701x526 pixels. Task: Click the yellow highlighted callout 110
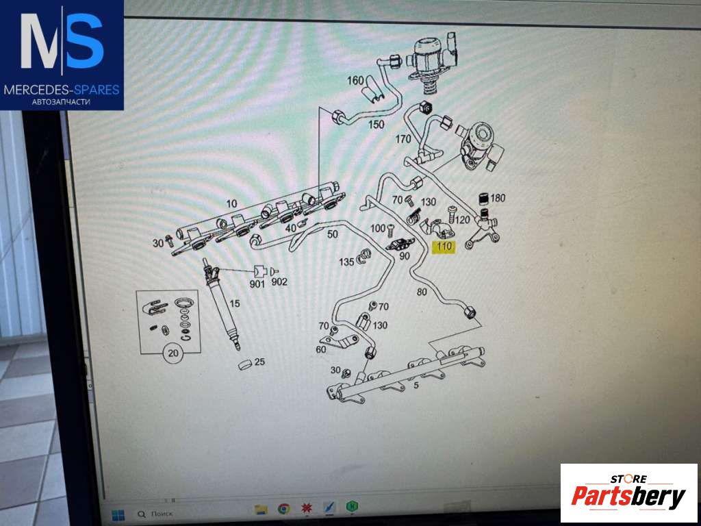pos(444,247)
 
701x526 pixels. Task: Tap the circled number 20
pos(173,353)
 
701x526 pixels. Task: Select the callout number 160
pos(355,81)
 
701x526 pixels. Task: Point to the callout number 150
pos(376,125)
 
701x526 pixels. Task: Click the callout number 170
pos(403,140)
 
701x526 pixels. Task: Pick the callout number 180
pos(498,198)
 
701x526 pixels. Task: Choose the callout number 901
pos(257,284)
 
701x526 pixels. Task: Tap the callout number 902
pos(279,281)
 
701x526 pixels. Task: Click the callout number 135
pos(346,262)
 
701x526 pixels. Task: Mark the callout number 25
pos(259,362)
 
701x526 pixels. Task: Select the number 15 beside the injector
pos(235,303)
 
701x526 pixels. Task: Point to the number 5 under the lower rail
pos(416,385)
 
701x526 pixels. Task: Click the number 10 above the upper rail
pos(231,204)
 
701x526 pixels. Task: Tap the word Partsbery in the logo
pos(628,496)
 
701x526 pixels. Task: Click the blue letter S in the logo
pos(85,40)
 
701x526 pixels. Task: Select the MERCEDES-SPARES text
pos(62,90)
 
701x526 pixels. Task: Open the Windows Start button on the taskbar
pos(118,515)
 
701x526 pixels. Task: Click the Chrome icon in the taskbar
pos(283,509)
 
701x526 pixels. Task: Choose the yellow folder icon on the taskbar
pos(261,509)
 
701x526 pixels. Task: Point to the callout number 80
pos(422,292)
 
